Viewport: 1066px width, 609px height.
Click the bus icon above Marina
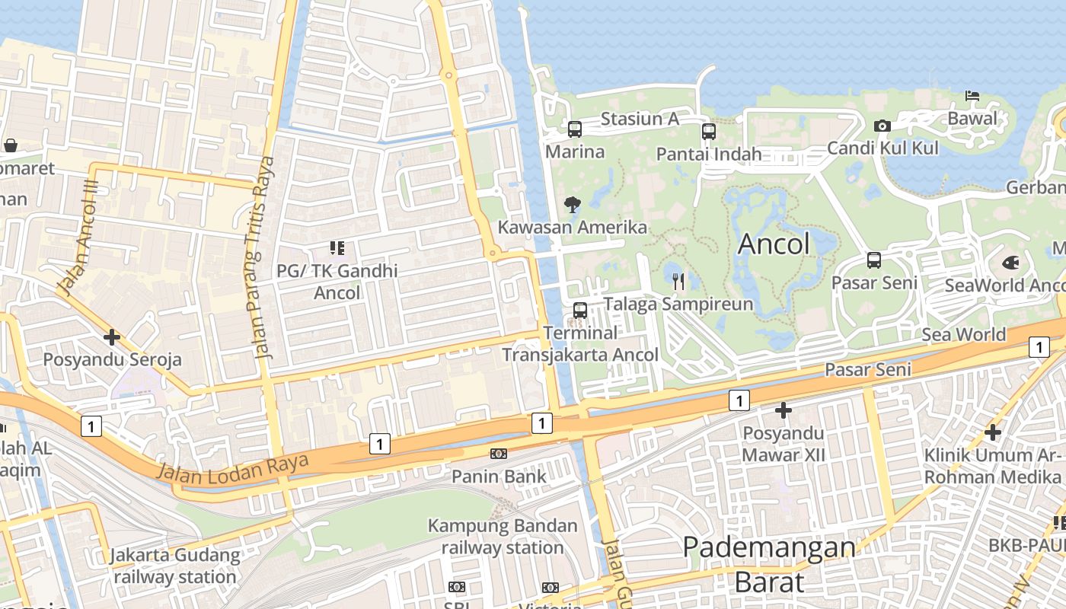pyautogui.click(x=575, y=129)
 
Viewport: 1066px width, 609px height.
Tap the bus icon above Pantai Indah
pyautogui.click(x=709, y=132)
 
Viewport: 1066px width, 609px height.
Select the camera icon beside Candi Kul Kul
pyautogui.click(x=882, y=126)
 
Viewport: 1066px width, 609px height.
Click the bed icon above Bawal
pyautogui.click(x=972, y=96)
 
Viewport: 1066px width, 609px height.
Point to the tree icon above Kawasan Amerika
pyautogui.click(x=573, y=204)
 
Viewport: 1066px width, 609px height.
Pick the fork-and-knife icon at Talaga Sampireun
pyautogui.click(x=678, y=282)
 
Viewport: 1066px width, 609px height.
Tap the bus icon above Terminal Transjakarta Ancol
pyautogui.click(x=580, y=311)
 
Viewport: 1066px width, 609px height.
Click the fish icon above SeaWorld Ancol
pyautogui.click(x=1011, y=263)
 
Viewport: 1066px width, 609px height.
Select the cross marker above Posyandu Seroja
pyautogui.click(x=112, y=336)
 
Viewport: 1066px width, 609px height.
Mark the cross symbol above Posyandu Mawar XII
pyautogui.click(x=783, y=411)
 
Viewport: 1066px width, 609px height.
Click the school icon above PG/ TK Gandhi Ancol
pyautogui.click(x=337, y=247)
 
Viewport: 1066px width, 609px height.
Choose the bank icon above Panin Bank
pyautogui.click(x=499, y=454)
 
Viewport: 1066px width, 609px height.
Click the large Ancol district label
pyautogui.click(x=774, y=244)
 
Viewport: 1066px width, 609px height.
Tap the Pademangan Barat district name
pyautogui.click(x=769, y=564)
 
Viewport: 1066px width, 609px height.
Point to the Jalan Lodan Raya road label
pyautogui.click(x=233, y=466)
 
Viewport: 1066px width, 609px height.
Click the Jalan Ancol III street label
pyautogui.click(x=78, y=239)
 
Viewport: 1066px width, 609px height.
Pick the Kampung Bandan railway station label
pyautogui.click(x=503, y=537)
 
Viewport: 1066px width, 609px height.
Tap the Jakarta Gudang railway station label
pyautogui.click(x=175, y=566)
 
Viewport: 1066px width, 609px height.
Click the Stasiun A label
pyautogui.click(x=640, y=119)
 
